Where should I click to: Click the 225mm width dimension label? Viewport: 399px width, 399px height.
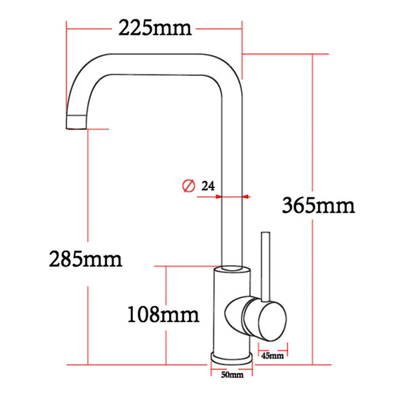(x=154, y=29)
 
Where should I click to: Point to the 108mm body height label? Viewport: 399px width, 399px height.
(x=163, y=313)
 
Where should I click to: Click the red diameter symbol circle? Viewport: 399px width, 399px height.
(x=188, y=187)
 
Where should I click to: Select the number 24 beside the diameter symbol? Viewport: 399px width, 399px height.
(x=206, y=187)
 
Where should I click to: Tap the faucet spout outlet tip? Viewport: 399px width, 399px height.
(x=77, y=122)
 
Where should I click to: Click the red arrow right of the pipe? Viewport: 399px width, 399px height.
(x=245, y=196)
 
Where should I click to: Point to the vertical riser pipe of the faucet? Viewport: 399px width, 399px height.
(x=231, y=166)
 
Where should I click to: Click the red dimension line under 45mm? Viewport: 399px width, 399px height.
(x=273, y=346)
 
